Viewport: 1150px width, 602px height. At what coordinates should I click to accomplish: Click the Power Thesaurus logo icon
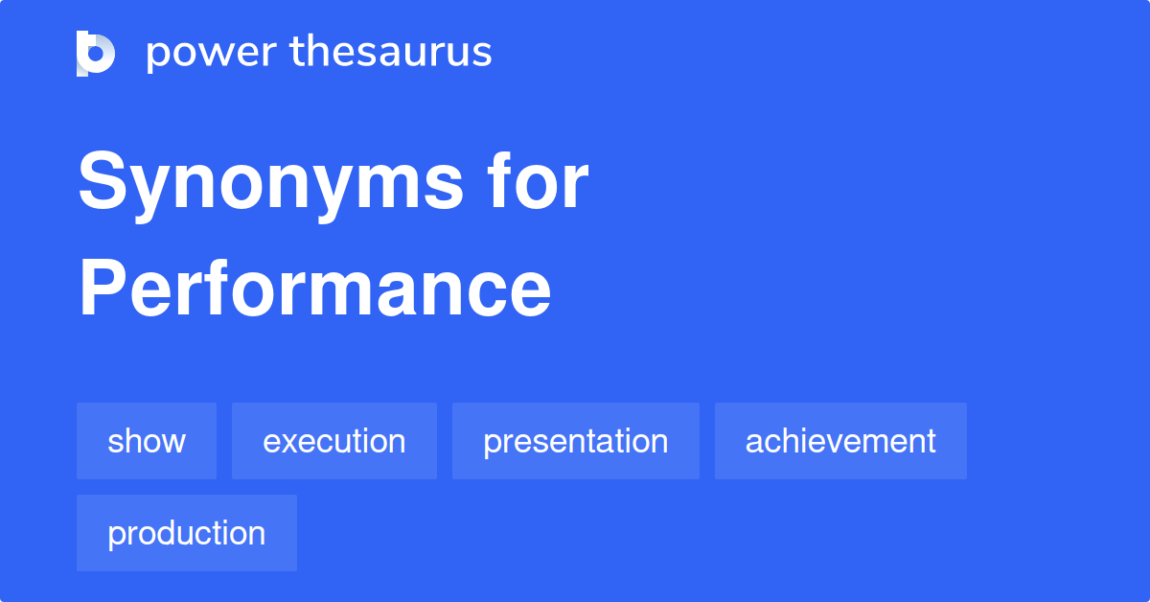96,53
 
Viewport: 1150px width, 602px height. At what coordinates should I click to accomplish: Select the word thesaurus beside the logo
390,53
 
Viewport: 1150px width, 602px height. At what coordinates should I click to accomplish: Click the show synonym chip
147,441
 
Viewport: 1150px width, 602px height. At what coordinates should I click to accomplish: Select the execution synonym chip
333,441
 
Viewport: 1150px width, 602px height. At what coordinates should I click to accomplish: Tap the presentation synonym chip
575,441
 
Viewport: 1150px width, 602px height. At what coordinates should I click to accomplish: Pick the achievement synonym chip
840,441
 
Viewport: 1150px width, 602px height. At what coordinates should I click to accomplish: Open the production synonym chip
187,533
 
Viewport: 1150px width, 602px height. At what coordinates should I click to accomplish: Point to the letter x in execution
290,442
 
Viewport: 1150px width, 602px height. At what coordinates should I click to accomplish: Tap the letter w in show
173,442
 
